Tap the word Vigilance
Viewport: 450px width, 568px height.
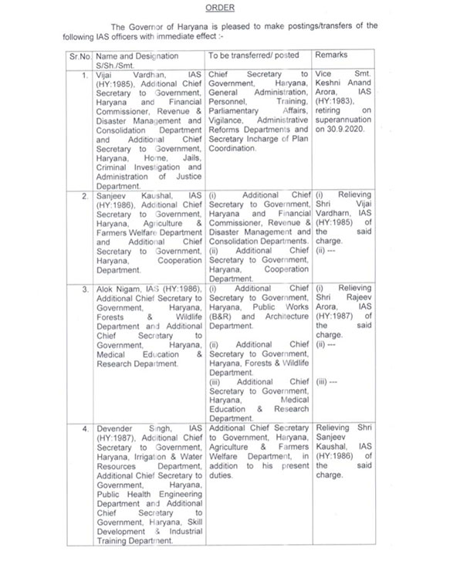coord(228,130)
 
